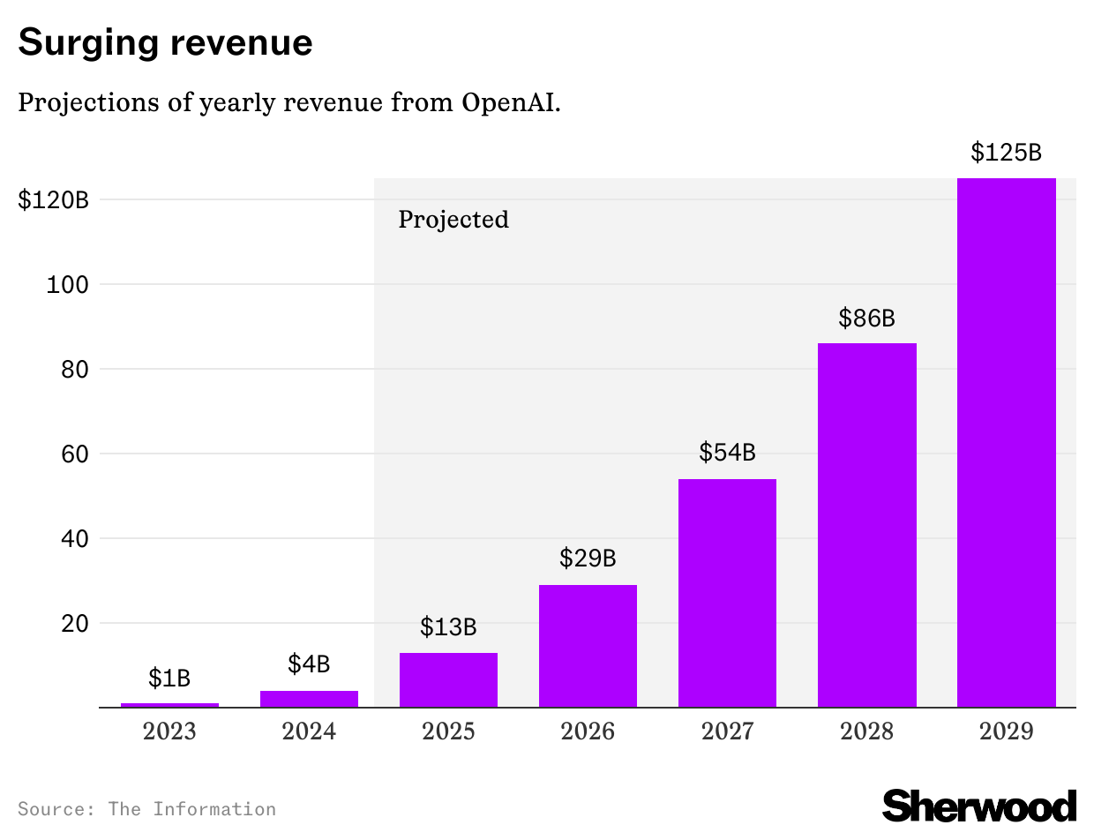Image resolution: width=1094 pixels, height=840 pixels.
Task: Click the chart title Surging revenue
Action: (165, 42)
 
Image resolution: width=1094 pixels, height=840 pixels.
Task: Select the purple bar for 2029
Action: (1007, 441)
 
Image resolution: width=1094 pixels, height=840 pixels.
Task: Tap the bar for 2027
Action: (727, 593)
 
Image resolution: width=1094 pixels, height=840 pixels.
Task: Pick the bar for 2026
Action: (588, 646)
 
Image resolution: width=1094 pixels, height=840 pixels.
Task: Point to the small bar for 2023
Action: (169, 705)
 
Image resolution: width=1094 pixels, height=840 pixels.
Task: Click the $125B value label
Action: (1007, 153)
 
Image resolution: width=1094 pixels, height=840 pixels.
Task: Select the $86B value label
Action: (866, 318)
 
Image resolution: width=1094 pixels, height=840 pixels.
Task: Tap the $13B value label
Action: (448, 627)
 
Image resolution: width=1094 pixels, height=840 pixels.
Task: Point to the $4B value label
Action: (309, 664)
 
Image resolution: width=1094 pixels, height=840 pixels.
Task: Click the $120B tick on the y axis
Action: (54, 200)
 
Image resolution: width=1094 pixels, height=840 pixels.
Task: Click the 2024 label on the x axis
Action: (309, 731)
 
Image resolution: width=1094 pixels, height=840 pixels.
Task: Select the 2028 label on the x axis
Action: (866, 731)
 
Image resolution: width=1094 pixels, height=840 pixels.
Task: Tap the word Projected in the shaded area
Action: (453, 219)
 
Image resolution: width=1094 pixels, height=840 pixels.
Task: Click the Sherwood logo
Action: (979, 806)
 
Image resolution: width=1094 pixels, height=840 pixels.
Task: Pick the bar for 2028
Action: (866, 525)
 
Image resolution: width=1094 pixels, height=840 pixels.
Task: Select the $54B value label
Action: (727, 453)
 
